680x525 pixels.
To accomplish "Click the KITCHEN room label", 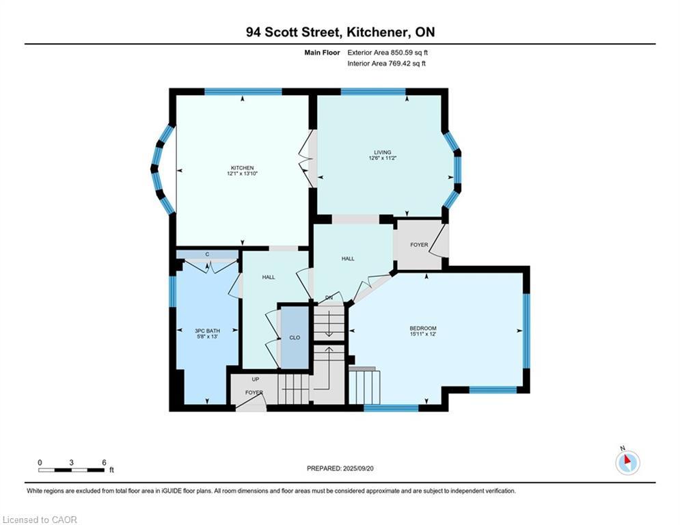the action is [242, 168].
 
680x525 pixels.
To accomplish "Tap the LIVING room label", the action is [383, 152].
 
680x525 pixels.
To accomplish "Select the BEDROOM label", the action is [423, 328].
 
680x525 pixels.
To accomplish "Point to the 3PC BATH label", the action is [207, 331].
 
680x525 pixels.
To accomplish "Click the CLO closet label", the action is [295, 338].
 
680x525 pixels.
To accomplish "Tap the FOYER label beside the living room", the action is [419, 245].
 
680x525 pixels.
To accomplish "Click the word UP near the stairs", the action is [256, 379].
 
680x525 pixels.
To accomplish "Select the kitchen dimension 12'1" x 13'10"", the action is [242, 174].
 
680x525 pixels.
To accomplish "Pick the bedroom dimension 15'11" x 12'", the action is [423, 334].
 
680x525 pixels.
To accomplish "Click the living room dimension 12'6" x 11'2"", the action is [383, 158].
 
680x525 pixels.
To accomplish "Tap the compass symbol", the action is [627, 462].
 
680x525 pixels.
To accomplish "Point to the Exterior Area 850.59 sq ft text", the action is [387, 53].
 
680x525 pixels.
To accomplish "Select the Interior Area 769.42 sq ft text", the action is [386, 64].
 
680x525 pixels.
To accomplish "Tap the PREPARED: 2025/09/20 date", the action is [340, 468].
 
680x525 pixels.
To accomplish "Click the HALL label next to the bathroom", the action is [269, 277].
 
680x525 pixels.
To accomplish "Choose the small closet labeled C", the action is [207, 254].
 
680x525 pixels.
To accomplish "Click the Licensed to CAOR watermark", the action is [40, 520].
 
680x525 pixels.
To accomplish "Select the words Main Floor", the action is [322, 53].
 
